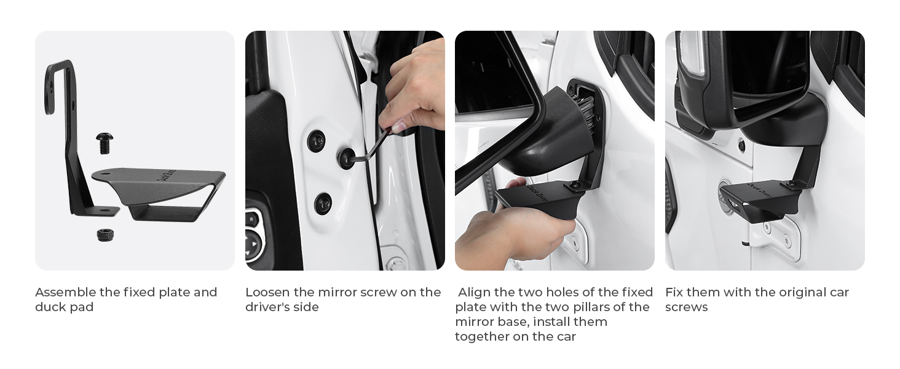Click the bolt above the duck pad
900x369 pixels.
tap(105, 143)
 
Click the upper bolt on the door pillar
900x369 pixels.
tap(317, 141)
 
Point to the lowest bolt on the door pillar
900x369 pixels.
tap(323, 204)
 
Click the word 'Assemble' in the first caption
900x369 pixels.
tap(65, 292)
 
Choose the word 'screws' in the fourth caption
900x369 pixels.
tap(686, 307)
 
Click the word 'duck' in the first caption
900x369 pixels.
tap(50, 307)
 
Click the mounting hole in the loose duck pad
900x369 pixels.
tap(105, 174)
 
